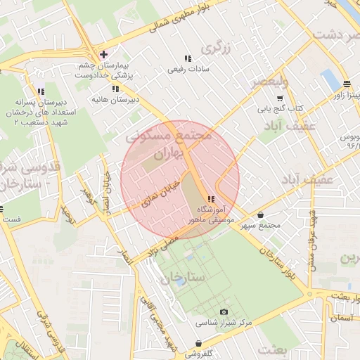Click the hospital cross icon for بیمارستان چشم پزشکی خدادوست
coord(103,54)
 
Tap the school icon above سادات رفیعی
coord(187,58)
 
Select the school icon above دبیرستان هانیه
coord(115,89)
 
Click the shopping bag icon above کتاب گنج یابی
coord(279,98)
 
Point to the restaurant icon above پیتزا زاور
coord(347,82)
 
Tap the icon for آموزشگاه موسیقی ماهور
coord(211,199)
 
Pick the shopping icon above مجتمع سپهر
coord(262,215)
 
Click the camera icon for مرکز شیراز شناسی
coord(224,311)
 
